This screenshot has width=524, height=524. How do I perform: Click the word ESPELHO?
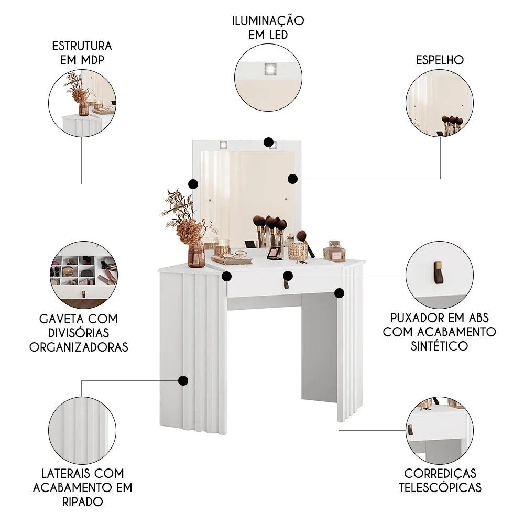(440, 60)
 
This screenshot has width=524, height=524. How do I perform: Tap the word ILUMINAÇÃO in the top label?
(268, 21)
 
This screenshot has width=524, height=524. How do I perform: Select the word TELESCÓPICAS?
(440, 487)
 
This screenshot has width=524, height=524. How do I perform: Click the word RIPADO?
(82, 501)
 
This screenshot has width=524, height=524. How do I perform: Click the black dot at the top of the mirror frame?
(268, 143)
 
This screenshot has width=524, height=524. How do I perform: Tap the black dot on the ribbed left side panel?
(183, 381)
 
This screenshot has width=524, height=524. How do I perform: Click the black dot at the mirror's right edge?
(293, 179)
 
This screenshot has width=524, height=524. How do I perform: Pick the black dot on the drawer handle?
(288, 275)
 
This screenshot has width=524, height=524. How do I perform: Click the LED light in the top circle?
(270, 68)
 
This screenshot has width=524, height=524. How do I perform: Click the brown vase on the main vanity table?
(196, 254)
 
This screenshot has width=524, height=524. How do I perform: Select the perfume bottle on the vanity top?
(334, 252)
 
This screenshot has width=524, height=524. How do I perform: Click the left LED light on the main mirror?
(224, 144)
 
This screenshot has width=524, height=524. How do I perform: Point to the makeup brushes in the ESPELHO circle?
(452, 124)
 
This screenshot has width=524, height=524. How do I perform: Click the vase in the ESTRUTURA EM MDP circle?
(84, 107)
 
